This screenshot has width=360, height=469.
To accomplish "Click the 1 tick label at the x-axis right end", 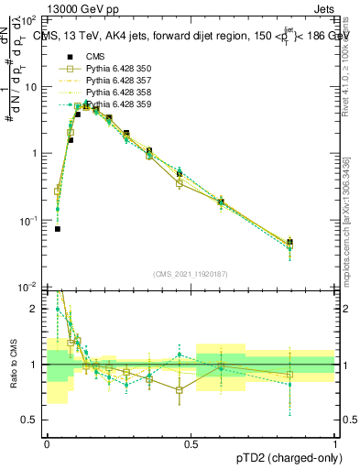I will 335,443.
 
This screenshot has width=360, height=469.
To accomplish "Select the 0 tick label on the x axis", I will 48,443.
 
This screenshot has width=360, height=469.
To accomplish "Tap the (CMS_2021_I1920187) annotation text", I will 191,273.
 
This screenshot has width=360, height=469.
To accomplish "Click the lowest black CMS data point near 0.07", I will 58,229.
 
